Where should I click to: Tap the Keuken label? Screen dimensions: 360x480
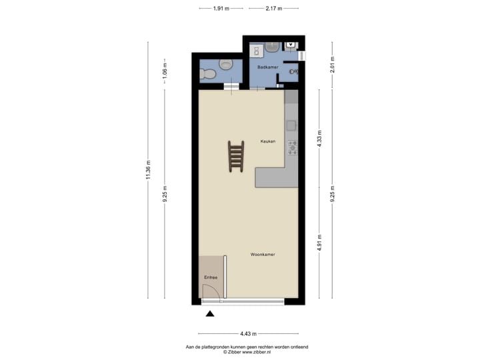(268, 141)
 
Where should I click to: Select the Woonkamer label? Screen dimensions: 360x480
(263, 255)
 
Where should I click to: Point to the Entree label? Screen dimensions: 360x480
(211, 277)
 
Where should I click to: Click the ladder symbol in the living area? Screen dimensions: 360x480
(236, 157)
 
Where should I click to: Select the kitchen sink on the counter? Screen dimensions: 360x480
(291, 125)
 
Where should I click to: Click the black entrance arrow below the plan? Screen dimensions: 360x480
(211, 314)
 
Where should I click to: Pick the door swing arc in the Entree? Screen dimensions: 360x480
(209, 291)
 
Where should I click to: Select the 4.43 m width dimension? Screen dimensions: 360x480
(248, 333)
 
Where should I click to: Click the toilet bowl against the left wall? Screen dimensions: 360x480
(207, 74)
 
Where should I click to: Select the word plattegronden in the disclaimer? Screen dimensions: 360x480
(225, 347)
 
